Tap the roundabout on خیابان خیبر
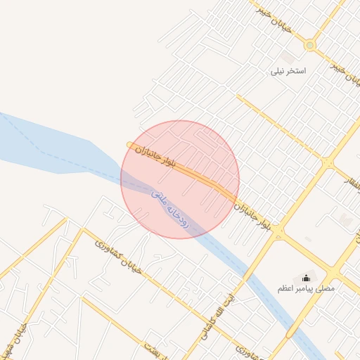pos(309,45)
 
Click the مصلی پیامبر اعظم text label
pos(306,289)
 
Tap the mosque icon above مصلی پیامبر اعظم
pos(306,278)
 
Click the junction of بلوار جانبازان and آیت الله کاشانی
pos(278,230)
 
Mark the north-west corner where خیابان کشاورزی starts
pos(84,229)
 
